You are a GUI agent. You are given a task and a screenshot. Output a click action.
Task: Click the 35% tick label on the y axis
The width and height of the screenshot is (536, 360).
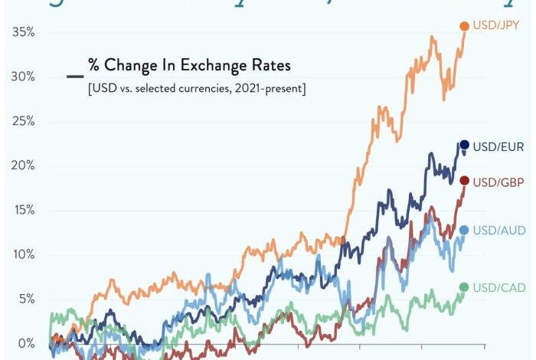coord(23,32)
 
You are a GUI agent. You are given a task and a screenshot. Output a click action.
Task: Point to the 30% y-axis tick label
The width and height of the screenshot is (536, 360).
coord(23,77)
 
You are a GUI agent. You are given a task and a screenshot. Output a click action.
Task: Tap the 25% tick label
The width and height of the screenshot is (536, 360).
coord(23,121)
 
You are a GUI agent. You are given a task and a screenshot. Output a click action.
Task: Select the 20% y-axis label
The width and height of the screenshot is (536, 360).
coord(23,165)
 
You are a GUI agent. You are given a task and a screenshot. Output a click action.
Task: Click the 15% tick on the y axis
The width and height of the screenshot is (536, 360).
coord(23,210)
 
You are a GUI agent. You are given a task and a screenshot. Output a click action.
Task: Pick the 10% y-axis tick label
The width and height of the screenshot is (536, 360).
coord(23,254)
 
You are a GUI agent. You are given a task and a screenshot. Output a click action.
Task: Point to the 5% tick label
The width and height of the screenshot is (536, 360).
coord(26,299)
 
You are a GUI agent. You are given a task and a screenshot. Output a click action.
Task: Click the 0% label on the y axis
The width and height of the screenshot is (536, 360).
coord(26,343)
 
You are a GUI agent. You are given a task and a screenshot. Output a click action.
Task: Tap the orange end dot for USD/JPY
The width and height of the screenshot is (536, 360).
coord(464,26)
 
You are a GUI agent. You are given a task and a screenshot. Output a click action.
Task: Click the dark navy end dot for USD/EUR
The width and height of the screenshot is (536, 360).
coord(464,145)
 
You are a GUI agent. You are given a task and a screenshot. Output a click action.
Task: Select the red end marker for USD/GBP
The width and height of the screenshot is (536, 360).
coord(464,181)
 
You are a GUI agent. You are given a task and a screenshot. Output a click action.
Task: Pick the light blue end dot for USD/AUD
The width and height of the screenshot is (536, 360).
coord(464,230)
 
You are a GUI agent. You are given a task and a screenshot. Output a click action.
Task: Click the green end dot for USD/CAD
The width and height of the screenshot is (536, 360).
coord(464,287)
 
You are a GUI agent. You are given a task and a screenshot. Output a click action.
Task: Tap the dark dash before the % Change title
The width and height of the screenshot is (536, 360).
coord(75,76)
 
